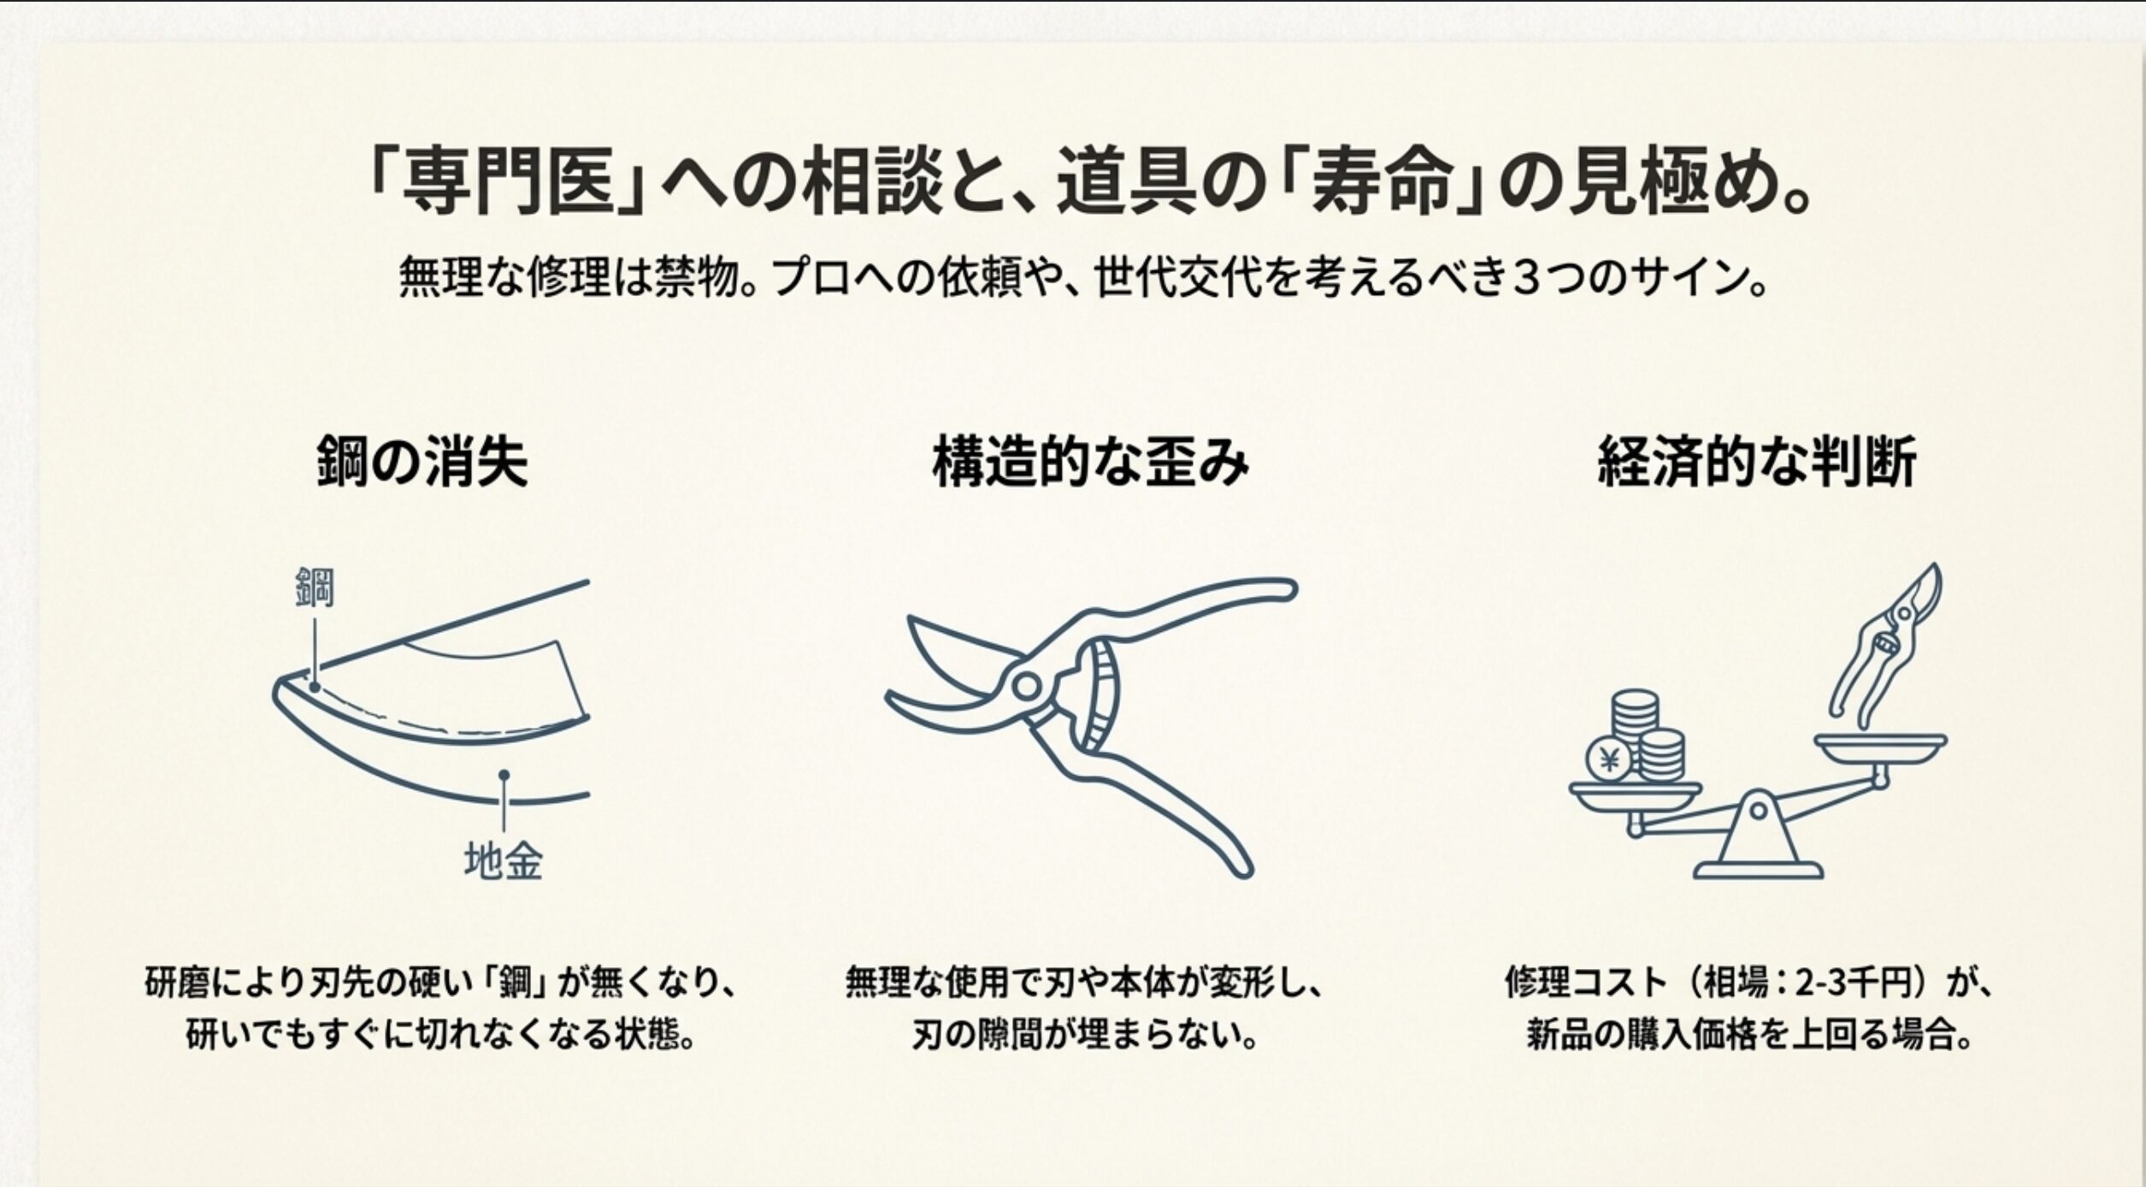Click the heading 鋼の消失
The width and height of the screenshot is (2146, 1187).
click(x=422, y=463)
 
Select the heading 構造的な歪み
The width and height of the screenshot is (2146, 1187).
click(x=1090, y=463)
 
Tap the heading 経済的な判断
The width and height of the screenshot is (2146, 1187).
click(x=1757, y=463)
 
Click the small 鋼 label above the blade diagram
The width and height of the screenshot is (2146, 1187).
click(x=315, y=587)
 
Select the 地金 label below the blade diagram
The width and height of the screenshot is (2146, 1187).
click(x=504, y=861)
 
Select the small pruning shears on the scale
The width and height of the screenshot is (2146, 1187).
click(x=1886, y=646)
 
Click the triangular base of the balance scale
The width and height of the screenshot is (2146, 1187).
click(x=1758, y=842)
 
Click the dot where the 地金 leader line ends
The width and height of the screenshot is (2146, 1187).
click(x=504, y=775)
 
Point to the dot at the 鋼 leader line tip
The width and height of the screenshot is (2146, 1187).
click(x=315, y=687)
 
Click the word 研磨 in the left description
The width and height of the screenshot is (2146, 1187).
click(x=176, y=983)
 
